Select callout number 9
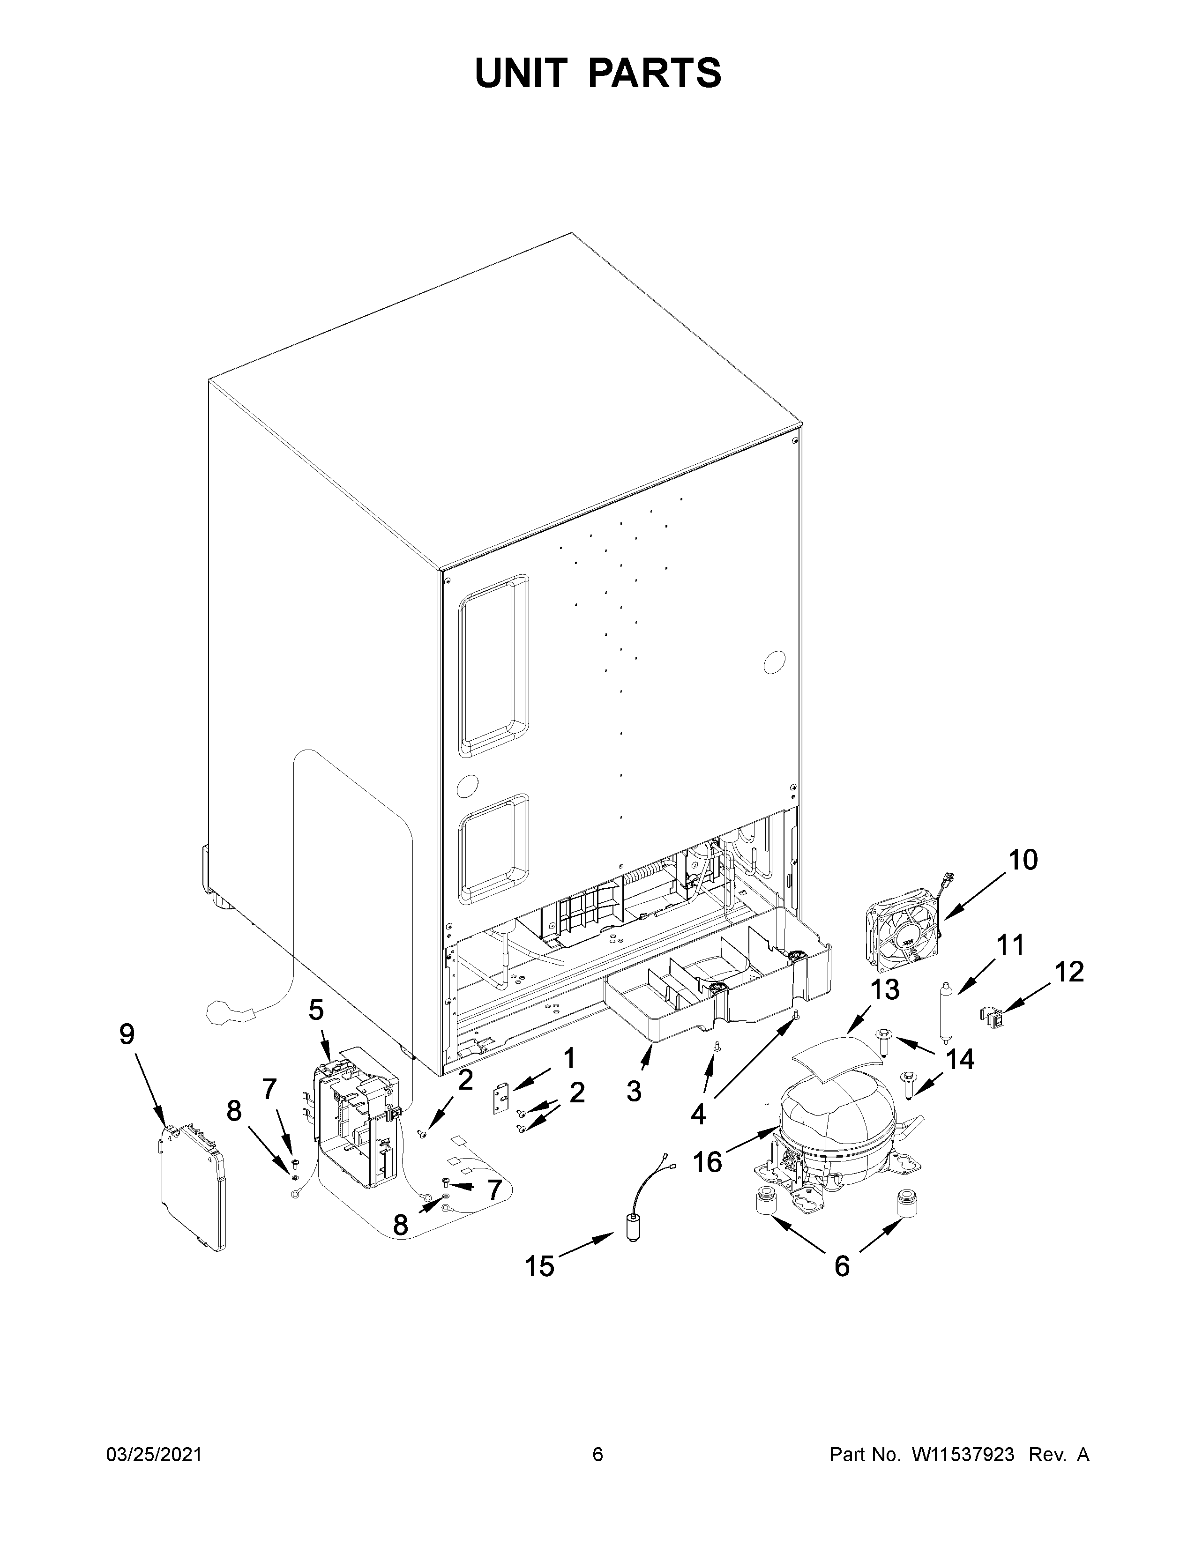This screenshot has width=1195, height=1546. [x=127, y=1034]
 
